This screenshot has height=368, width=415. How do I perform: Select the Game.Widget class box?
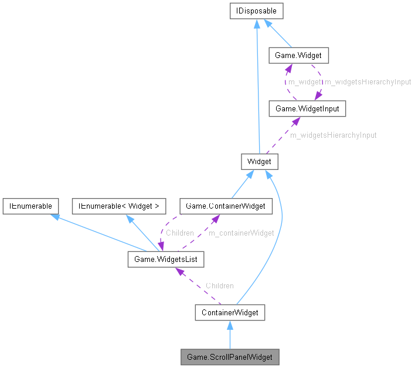tap(298, 56)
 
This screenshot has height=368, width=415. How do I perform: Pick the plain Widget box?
tap(259, 161)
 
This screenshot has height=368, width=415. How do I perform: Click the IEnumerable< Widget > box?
tap(119, 206)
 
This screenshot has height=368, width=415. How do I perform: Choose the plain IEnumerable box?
tap(30, 206)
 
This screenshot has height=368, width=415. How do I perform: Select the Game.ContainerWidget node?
tap(226, 206)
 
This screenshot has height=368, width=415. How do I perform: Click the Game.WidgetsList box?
tap(166, 258)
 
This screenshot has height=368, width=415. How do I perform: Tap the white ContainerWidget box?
tap(230, 312)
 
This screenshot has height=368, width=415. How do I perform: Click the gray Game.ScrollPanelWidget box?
tap(229, 357)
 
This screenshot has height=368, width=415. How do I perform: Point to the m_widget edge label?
tap(304, 82)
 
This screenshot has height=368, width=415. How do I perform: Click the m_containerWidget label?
tap(241, 233)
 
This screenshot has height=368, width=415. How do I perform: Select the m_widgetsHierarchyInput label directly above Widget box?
tap(334, 135)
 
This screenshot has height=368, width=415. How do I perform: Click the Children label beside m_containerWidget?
tap(179, 233)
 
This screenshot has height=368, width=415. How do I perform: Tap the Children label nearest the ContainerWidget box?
tap(219, 285)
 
